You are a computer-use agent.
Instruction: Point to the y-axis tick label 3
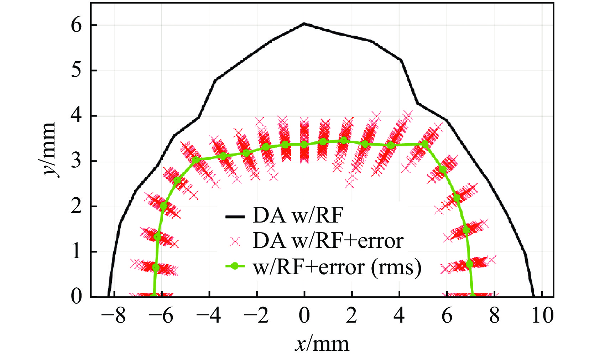pos(76,161)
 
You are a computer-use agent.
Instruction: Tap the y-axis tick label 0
pos(76,296)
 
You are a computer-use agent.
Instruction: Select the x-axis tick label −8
pos(114,315)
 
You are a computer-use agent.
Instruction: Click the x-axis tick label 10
pos(542,315)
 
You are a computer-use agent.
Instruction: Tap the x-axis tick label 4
pos(399,315)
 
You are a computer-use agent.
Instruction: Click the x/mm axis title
pos(322,344)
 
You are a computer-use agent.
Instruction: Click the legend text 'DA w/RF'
pos(298,216)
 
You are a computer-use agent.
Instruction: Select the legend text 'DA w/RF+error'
pos(328,241)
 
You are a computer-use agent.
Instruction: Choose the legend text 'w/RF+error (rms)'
pos(337,267)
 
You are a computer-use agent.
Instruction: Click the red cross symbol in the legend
pos(235,242)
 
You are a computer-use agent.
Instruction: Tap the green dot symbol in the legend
pos(235,266)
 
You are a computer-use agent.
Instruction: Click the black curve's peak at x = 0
pos(304,24)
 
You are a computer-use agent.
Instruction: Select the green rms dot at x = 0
pos(304,144)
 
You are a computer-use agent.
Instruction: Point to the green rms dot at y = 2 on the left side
pos(163,206)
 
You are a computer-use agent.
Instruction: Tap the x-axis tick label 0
pos(304,315)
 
